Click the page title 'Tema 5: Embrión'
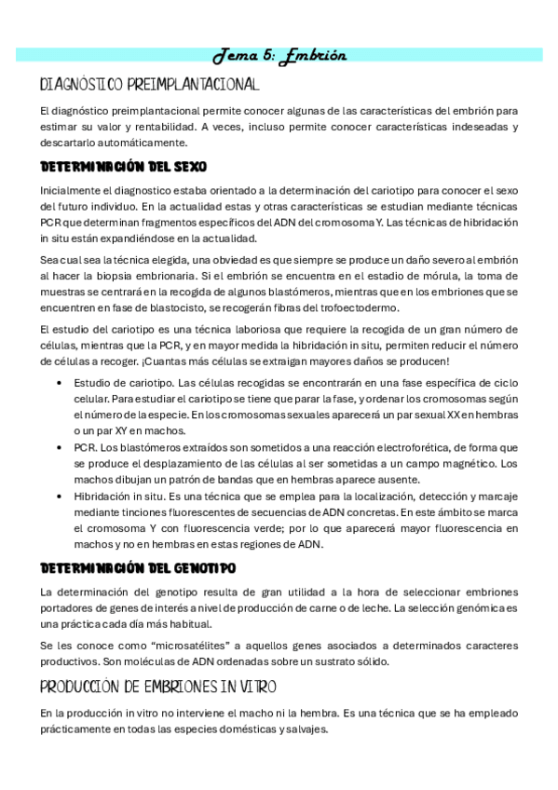(x=279, y=55)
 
